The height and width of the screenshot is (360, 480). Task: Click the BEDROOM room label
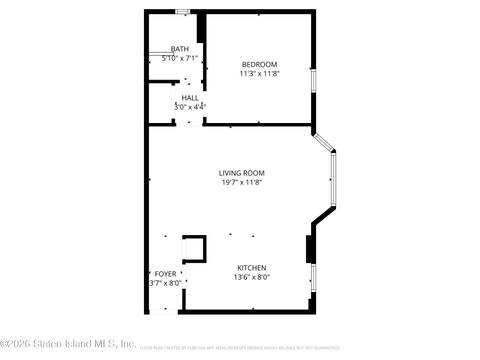258,64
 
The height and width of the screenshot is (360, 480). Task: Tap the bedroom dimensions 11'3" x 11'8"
258,73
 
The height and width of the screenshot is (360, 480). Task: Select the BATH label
180,49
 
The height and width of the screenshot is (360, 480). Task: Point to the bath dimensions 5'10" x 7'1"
180,58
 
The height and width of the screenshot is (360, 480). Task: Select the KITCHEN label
251,267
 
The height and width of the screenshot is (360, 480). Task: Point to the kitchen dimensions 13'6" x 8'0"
251,277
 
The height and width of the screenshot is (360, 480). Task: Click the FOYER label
165,274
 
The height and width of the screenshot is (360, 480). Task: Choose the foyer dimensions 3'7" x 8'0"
165,283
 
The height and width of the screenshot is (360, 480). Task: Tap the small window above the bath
182,12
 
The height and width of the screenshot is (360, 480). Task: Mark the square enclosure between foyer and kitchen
194,248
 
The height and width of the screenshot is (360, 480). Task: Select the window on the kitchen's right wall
312,277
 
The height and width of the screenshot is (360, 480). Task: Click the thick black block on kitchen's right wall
310,248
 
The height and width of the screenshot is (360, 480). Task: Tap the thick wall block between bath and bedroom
201,28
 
